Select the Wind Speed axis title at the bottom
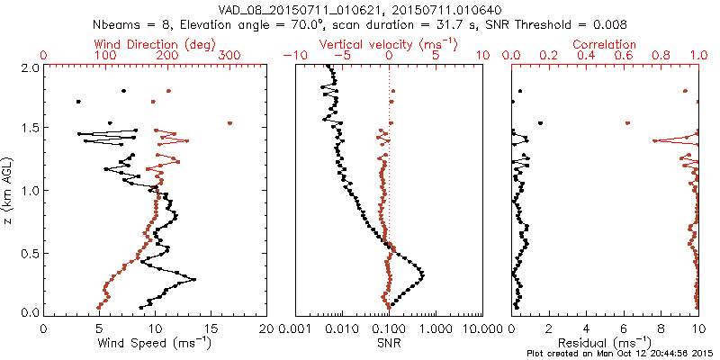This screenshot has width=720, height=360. [x=156, y=343]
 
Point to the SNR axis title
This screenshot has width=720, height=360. [x=389, y=343]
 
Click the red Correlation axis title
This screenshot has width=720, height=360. [x=605, y=43]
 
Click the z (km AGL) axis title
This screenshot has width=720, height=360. [x=10, y=190]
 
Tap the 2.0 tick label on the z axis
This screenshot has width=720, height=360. [x=30, y=67]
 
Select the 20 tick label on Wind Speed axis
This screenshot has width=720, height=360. [x=266, y=328]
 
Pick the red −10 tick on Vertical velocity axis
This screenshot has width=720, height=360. [x=293, y=56]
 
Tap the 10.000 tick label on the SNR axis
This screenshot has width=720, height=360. [x=482, y=328]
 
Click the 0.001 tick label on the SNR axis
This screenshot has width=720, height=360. [x=295, y=328]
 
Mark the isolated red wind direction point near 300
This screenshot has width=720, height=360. [x=230, y=123]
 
